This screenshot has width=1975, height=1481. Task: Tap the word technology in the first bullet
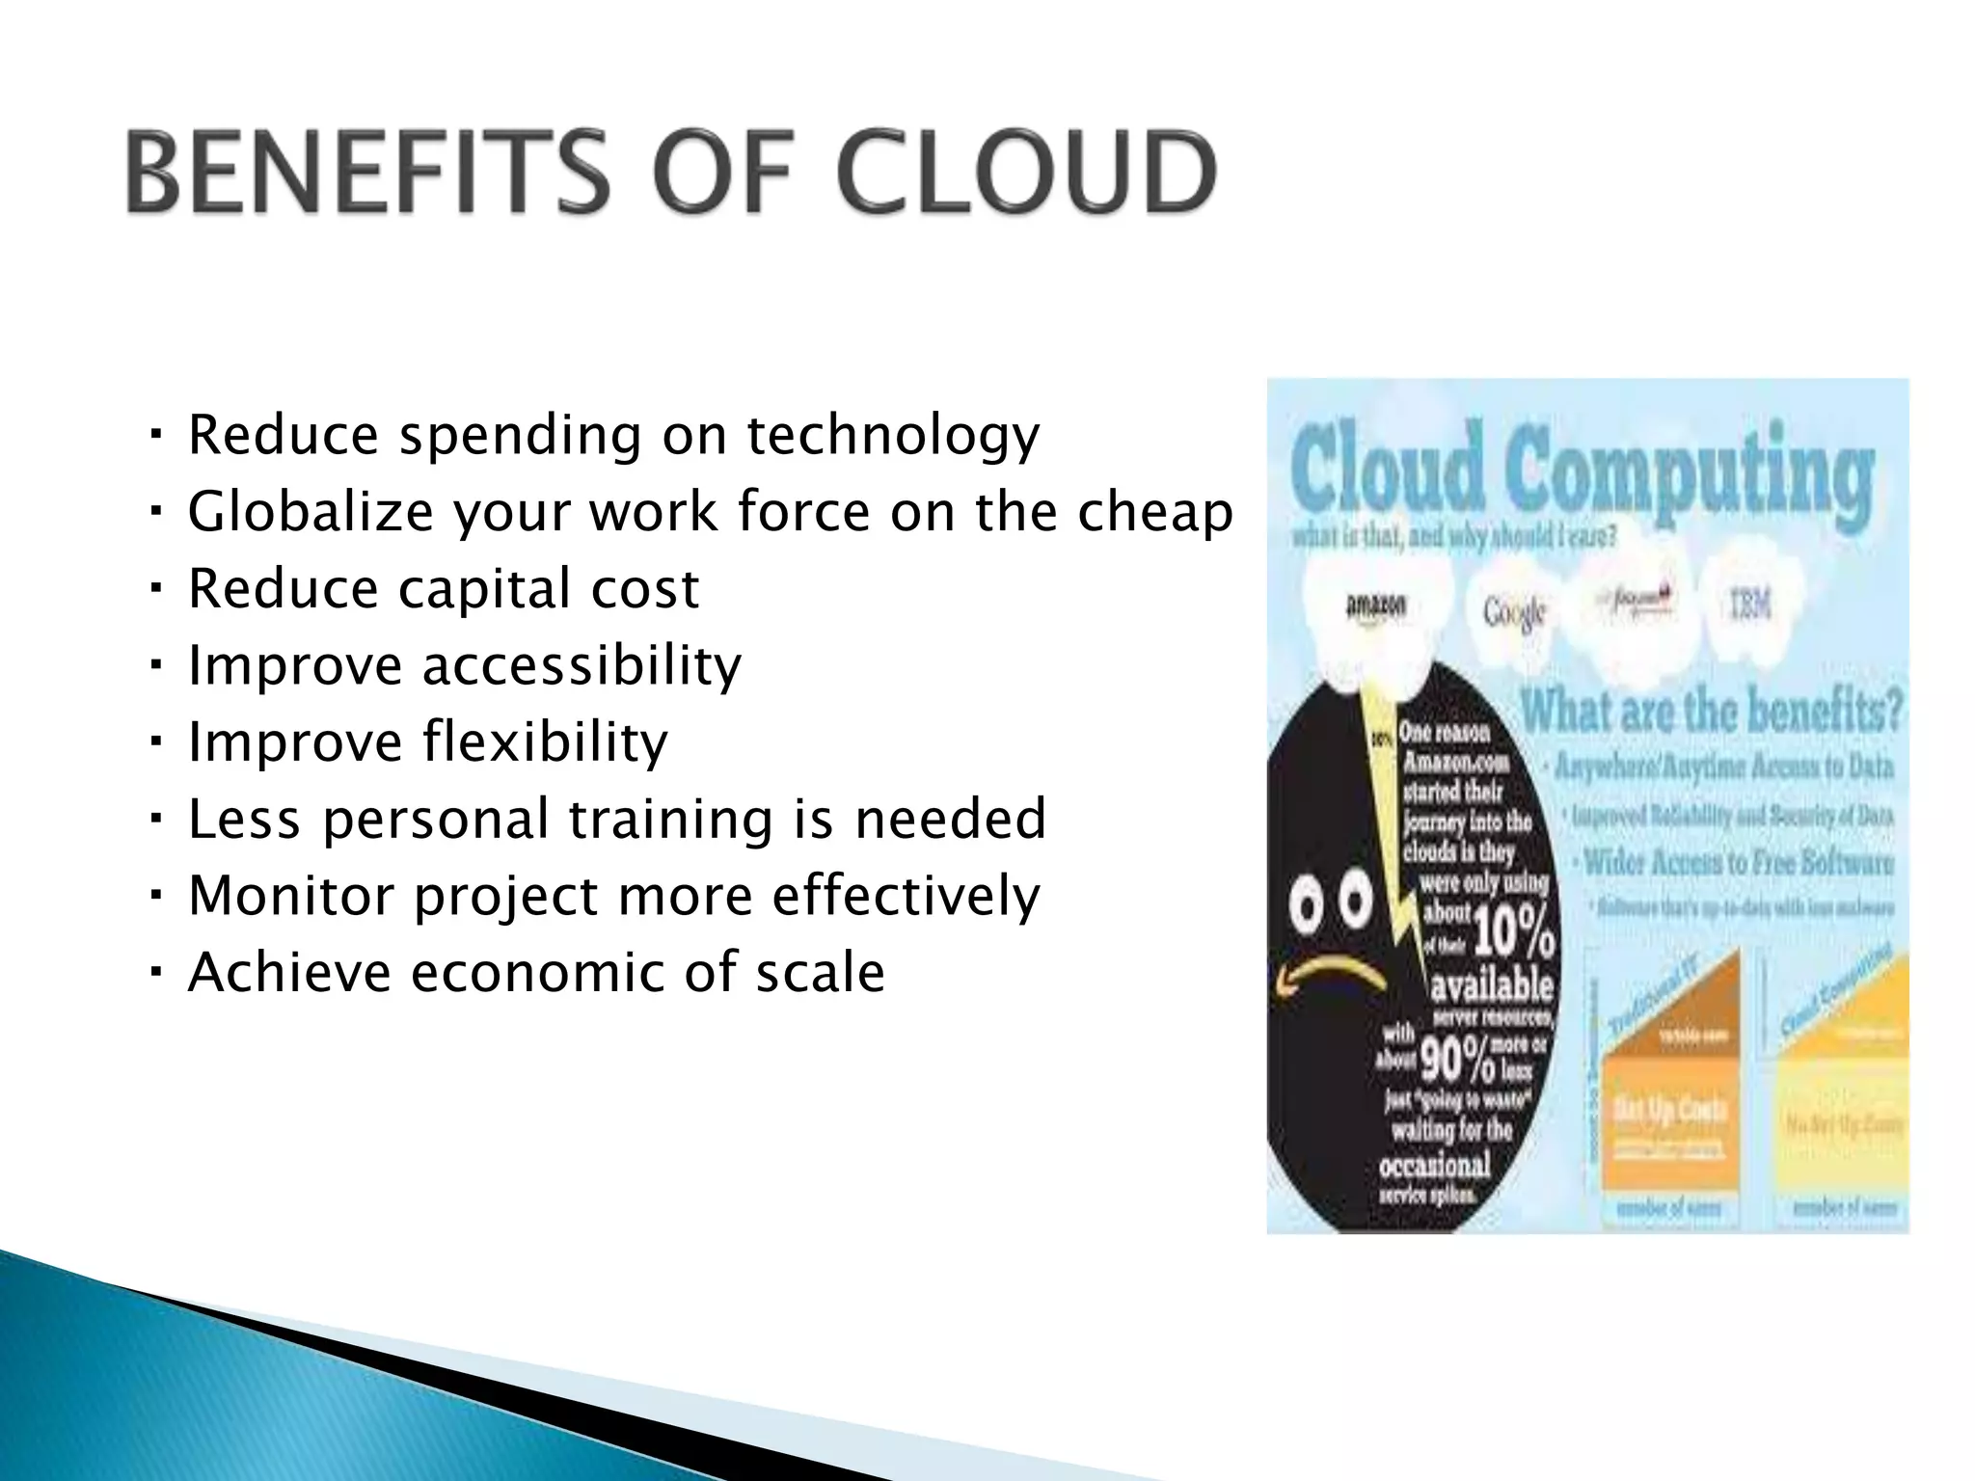(x=893, y=436)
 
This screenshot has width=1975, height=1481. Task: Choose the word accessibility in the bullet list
(x=582, y=665)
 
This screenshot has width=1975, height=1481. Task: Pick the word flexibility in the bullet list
(x=546, y=742)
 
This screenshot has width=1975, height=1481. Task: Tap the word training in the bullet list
(x=671, y=820)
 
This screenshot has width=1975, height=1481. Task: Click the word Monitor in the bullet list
(x=293, y=896)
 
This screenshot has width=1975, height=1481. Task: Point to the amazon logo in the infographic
(x=1375, y=607)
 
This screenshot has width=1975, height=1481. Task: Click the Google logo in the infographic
(x=1514, y=610)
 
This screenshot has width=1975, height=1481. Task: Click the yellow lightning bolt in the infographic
(x=1393, y=848)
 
